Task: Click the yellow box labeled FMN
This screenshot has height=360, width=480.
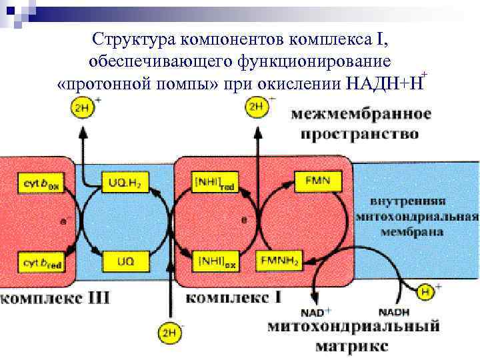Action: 317,180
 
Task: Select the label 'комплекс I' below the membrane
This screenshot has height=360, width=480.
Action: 233,296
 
